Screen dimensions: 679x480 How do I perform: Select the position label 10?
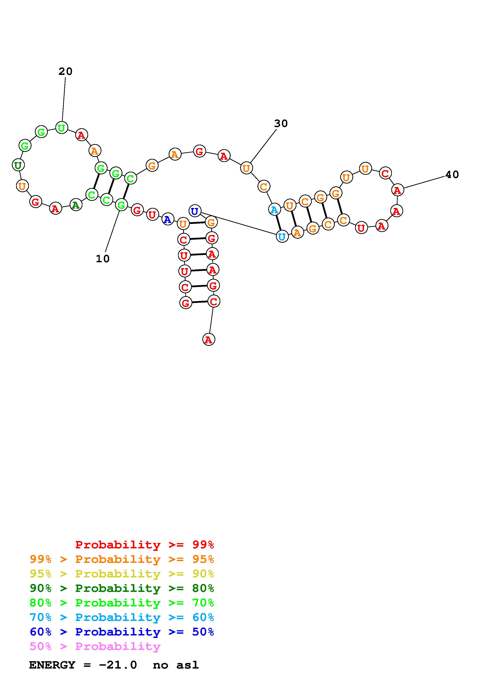[103, 259]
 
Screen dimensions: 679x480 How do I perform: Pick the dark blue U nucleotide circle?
[195, 211]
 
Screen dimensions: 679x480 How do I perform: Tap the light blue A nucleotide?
[274, 209]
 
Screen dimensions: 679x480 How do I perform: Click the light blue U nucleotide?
[282, 237]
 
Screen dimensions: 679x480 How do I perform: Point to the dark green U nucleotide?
[18, 165]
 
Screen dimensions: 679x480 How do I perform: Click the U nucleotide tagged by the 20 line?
[62, 128]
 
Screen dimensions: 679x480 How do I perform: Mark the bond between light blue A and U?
[278, 223]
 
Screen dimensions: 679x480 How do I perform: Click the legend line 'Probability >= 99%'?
[145, 544]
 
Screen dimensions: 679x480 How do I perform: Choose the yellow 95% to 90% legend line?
[122, 574]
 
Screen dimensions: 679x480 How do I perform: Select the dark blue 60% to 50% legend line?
[122, 632]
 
